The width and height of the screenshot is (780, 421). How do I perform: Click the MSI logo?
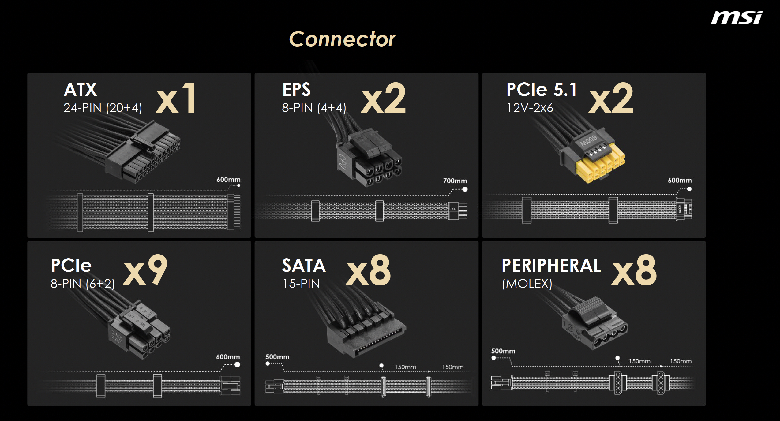click(x=737, y=17)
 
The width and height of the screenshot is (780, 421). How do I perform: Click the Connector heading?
click(x=342, y=39)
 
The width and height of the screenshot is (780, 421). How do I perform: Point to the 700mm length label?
click(x=455, y=181)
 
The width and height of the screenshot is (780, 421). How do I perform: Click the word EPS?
click(x=296, y=90)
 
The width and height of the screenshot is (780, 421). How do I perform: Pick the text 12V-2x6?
click(x=530, y=108)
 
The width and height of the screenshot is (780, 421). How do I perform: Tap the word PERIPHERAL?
click(x=551, y=265)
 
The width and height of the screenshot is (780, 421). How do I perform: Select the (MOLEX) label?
click(x=527, y=284)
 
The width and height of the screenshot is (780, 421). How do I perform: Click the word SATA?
click(x=304, y=265)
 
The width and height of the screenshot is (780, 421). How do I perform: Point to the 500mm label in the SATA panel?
click(x=277, y=357)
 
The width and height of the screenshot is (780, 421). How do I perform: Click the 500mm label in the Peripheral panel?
click(x=503, y=351)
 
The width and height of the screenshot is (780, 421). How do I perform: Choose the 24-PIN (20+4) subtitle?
click(x=103, y=108)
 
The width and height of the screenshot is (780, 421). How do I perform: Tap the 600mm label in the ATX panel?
click(x=228, y=180)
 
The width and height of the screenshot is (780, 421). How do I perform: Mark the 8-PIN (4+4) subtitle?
click(x=314, y=108)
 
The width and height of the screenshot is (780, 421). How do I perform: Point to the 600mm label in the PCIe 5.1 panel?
click(x=680, y=180)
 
